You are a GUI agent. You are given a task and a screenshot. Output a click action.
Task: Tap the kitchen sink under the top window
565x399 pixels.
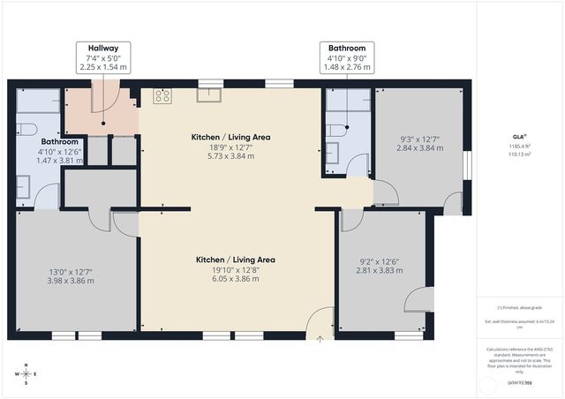coord(210,95)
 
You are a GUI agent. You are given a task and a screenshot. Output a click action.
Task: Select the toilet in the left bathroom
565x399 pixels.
coord(28,129)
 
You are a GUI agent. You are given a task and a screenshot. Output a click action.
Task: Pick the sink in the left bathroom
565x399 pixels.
coord(24,187)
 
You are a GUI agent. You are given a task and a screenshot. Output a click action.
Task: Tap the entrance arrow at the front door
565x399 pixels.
coord(320,335)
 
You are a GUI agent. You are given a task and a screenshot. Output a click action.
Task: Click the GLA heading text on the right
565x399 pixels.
coord(517,137)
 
